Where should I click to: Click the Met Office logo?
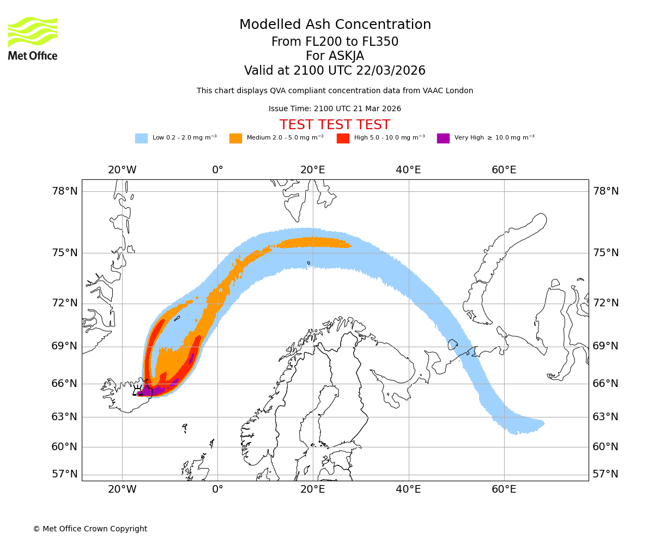pyautogui.click(x=33, y=38)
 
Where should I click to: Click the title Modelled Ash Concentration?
pyautogui.click(x=335, y=25)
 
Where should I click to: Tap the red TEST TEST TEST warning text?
pyautogui.click(x=335, y=125)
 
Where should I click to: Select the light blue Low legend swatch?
pyautogui.click(x=141, y=138)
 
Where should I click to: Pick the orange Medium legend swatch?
pyautogui.click(x=235, y=138)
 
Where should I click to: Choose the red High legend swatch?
pyautogui.click(x=343, y=138)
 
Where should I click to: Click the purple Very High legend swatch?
pyautogui.click(x=443, y=138)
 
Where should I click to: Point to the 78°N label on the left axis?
pyautogui.click(x=65, y=191)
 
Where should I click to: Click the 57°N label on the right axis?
pyautogui.click(x=605, y=474)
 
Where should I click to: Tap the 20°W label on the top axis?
pyautogui.click(x=122, y=170)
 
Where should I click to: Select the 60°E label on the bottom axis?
pyautogui.click(x=504, y=489)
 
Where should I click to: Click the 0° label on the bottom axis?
pyautogui.click(x=217, y=489)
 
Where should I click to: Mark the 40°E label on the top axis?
pyautogui.click(x=408, y=170)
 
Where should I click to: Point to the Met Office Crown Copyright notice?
pyautogui.click(x=90, y=529)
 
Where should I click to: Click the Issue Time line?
pyautogui.click(x=335, y=108)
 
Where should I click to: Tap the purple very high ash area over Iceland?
pyautogui.click(x=150, y=391)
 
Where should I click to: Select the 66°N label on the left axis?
pyautogui.click(x=65, y=384)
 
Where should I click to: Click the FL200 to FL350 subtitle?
pyautogui.click(x=335, y=42)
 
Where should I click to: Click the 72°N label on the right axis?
pyautogui.click(x=605, y=303)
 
